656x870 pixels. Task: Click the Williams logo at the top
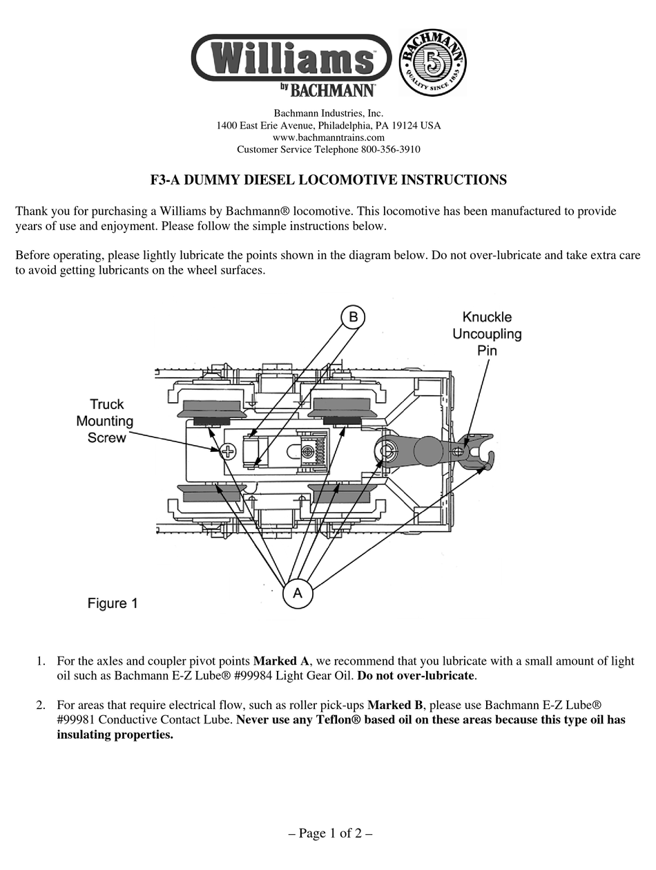(x=291, y=58)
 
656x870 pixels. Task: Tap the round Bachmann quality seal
(x=433, y=63)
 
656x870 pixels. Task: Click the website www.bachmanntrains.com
(x=328, y=138)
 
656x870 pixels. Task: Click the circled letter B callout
(x=353, y=317)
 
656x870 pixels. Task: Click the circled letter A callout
(x=298, y=593)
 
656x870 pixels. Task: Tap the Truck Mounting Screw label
(x=106, y=421)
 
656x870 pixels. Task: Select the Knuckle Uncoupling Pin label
(x=487, y=334)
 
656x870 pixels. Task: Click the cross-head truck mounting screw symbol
(x=227, y=452)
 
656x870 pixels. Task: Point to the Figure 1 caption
(x=113, y=603)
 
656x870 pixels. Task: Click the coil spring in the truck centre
(x=319, y=449)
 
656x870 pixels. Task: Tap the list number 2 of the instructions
(x=41, y=706)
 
